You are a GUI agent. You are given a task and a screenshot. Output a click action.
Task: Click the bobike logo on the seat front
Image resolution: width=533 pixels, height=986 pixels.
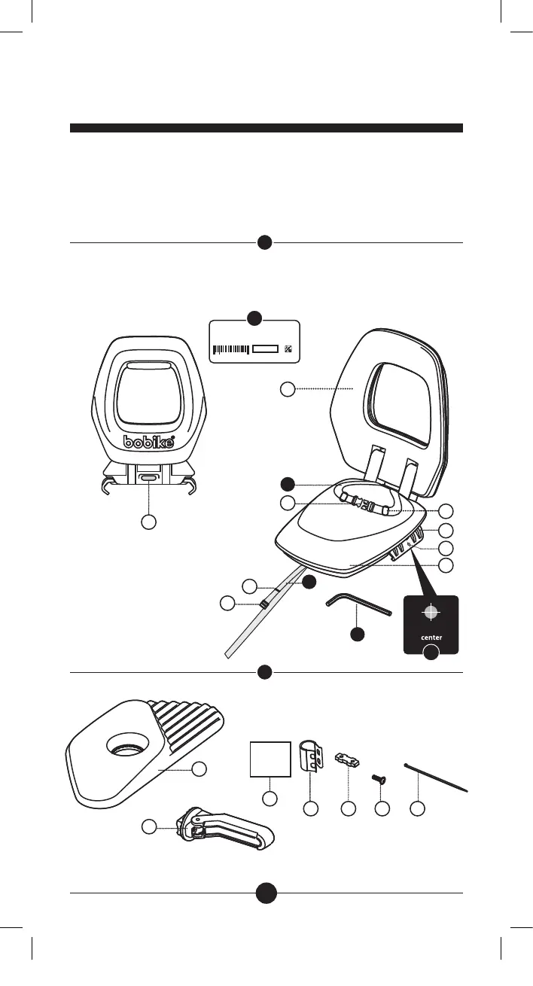tap(149, 442)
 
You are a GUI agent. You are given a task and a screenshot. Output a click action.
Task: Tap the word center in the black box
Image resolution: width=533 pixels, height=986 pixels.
tap(431, 638)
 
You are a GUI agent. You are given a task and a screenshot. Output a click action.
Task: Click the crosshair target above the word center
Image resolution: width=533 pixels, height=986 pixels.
tap(430, 612)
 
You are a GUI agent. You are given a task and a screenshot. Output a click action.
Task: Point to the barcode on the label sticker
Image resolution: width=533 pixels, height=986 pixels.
tap(231, 349)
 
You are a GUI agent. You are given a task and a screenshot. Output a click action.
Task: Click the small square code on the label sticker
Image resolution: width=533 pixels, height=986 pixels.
tap(288, 349)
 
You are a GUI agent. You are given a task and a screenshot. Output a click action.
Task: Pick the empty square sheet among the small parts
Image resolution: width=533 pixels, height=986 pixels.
tap(270, 758)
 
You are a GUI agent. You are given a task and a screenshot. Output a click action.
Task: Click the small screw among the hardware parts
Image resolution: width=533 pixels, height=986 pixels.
tap(381, 780)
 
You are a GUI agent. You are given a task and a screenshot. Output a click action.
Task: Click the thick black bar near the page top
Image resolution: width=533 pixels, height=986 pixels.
tap(266, 128)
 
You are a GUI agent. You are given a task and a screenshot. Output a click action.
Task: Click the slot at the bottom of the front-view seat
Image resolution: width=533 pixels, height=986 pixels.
tap(149, 478)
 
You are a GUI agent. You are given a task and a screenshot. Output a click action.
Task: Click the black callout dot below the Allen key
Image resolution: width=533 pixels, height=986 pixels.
tap(358, 635)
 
